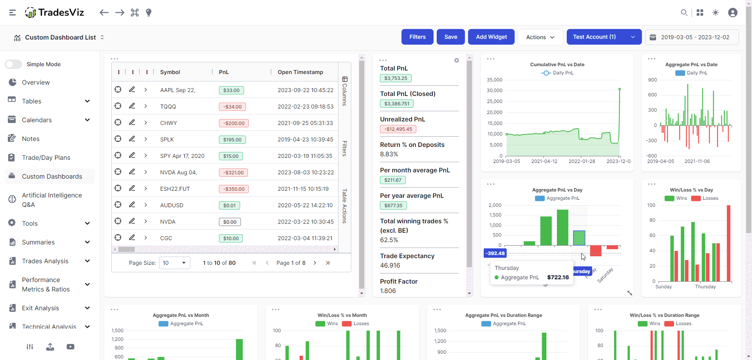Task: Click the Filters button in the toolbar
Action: pyautogui.click(x=417, y=37)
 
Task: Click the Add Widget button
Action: pyautogui.click(x=491, y=37)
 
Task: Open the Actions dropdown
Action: pyautogui.click(x=540, y=37)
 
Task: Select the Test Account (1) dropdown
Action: pyautogui.click(x=604, y=37)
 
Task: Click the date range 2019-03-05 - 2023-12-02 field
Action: pyautogui.click(x=692, y=37)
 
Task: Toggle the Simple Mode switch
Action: pyautogui.click(x=13, y=64)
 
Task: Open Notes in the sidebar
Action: pyautogui.click(x=31, y=139)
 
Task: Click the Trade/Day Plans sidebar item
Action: pyautogui.click(x=46, y=157)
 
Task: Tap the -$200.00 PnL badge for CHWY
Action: pyautogui.click(x=233, y=123)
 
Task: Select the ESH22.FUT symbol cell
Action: pyautogui.click(x=175, y=189)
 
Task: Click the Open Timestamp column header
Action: pyautogui.click(x=300, y=72)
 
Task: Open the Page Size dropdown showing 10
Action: pyautogui.click(x=174, y=263)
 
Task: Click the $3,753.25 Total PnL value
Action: pyautogui.click(x=395, y=78)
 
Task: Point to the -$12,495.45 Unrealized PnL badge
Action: pyautogui.click(x=398, y=129)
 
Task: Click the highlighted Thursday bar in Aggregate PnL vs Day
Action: pyautogui.click(x=579, y=238)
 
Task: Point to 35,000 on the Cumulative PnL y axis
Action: pyautogui.click(x=494, y=80)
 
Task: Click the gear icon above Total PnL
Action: pyautogui.click(x=456, y=60)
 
